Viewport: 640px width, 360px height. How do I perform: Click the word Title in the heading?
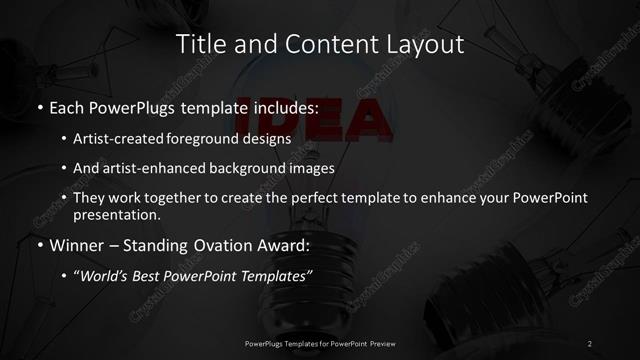pyautogui.click(x=198, y=44)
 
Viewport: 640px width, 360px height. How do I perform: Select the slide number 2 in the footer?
pyautogui.click(x=589, y=345)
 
